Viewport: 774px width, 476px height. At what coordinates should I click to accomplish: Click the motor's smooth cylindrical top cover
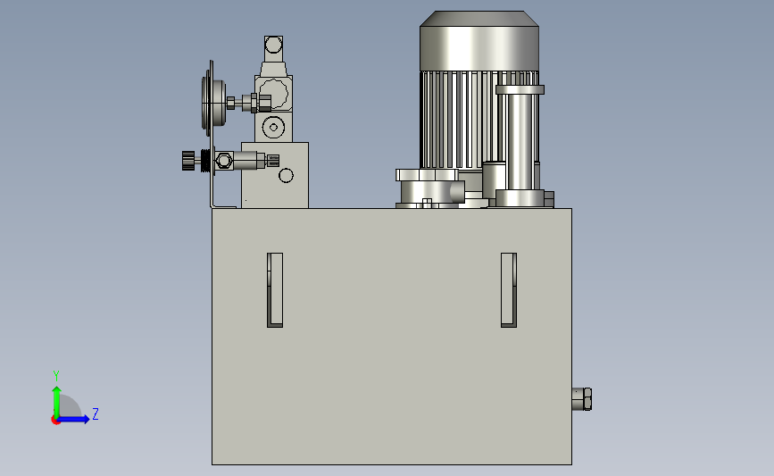click(x=479, y=41)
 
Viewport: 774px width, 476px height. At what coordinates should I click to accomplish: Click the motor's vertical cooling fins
click(x=459, y=120)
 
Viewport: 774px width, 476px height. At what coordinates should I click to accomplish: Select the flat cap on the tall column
click(x=520, y=89)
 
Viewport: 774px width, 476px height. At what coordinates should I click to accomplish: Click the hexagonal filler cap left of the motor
click(x=427, y=175)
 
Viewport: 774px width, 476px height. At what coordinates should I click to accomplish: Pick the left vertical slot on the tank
click(x=275, y=290)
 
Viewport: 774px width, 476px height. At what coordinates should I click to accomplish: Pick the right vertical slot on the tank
click(x=509, y=290)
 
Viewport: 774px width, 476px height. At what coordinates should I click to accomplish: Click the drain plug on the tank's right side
click(x=582, y=399)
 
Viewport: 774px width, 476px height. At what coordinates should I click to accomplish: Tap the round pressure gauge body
click(x=213, y=104)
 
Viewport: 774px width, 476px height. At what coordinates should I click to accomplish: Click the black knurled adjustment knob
click(x=188, y=161)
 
